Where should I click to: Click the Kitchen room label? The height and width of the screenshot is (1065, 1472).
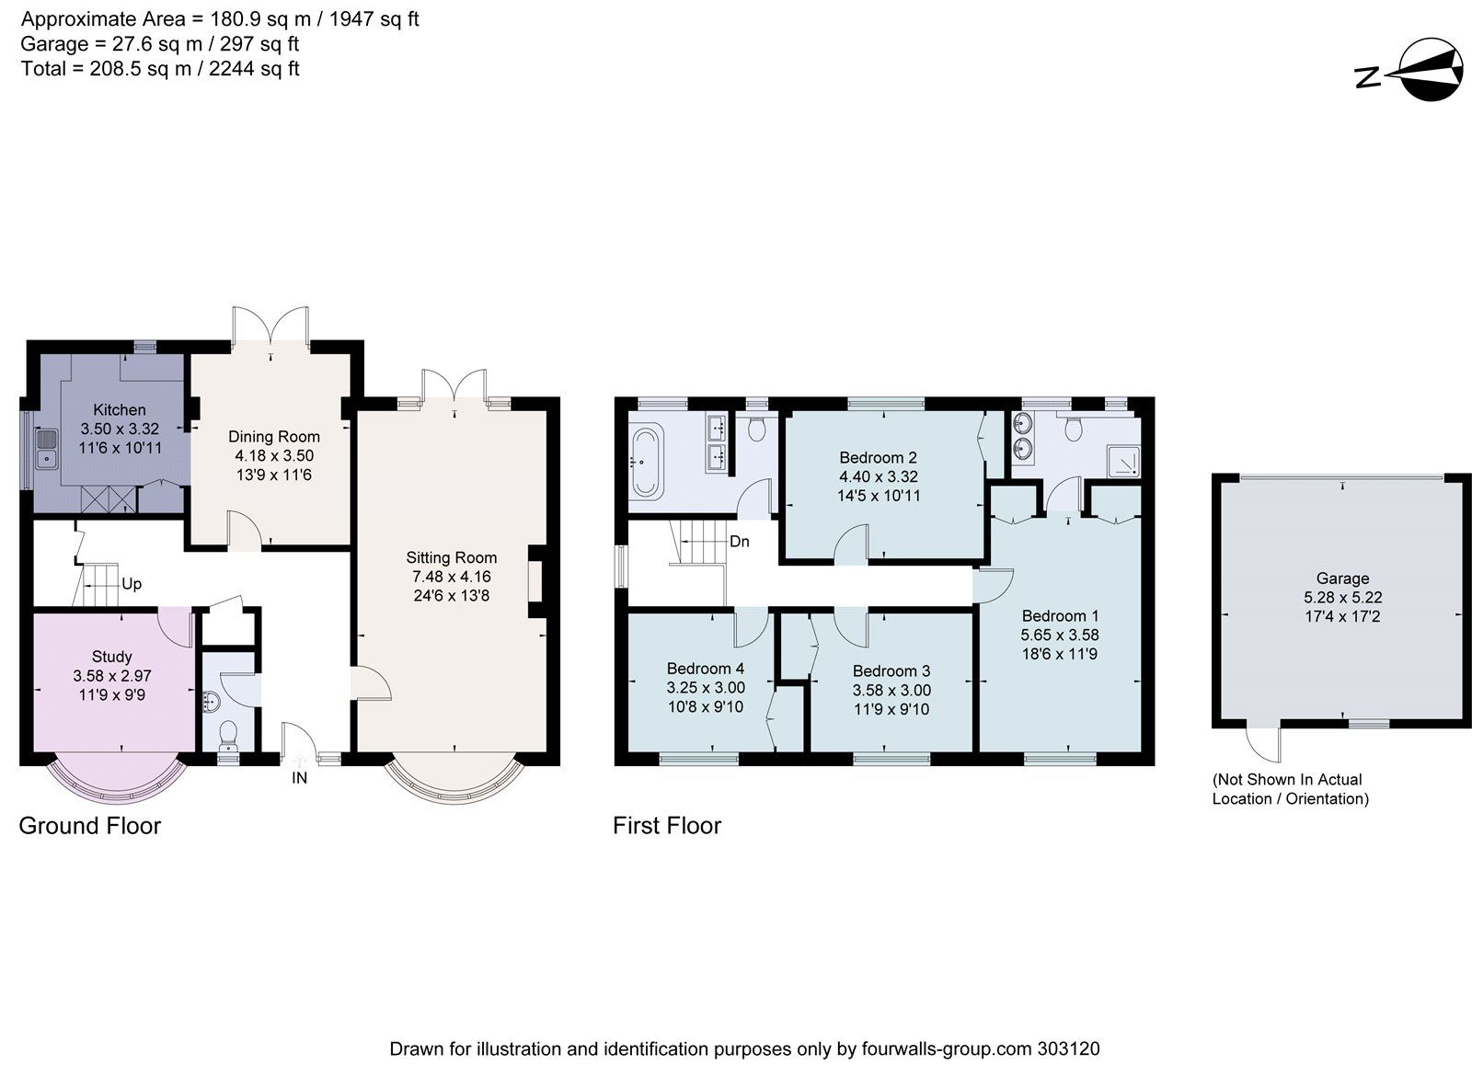tap(120, 409)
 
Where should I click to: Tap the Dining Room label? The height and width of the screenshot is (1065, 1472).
tap(274, 437)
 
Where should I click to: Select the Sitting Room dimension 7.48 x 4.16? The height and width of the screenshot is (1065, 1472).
tap(451, 577)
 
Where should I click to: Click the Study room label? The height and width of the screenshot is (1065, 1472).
tap(111, 657)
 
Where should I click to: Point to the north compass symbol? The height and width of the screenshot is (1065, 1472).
tap(1413, 71)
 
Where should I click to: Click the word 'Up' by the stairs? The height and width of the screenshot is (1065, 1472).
tap(132, 584)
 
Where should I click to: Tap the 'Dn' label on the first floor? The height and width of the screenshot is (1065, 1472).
tap(740, 542)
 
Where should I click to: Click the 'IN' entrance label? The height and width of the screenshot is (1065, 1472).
tap(299, 778)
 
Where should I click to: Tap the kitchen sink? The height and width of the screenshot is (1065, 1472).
tap(45, 452)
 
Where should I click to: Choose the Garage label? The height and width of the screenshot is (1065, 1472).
tap(1342, 578)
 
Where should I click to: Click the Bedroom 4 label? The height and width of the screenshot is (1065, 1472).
tap(706, 669)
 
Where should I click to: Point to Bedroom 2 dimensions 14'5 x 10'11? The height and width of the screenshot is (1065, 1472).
tap(879, 496)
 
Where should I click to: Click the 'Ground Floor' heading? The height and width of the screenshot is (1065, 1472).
tap(90, 826)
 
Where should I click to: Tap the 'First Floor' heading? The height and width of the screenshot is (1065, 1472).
tap(667, 826)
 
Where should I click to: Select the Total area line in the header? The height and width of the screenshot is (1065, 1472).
tap(161, 69)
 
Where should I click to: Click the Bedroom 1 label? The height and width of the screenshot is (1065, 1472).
tap(1060, 615)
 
